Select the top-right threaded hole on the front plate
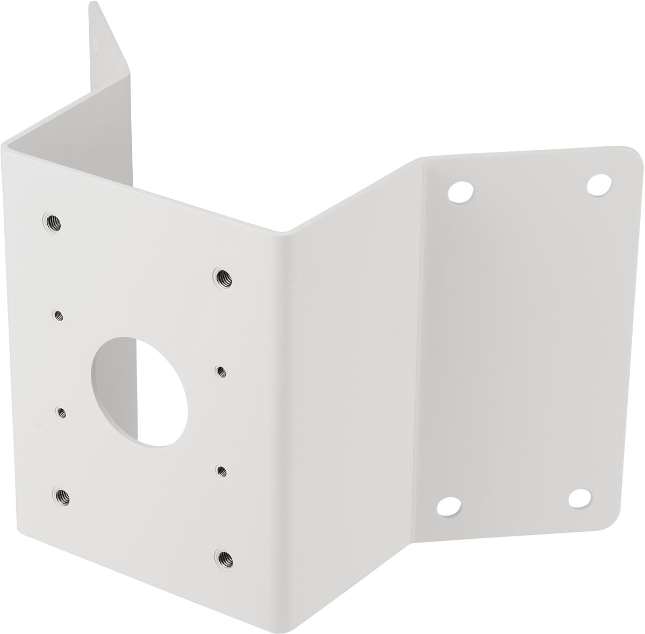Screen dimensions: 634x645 click(x=220, y=277)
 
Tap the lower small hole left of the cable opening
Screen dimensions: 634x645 click(x=62, y=412)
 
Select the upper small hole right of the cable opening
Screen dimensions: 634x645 click(x=220, y=370)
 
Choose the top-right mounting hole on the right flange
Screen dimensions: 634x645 click(x=596, y=185)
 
